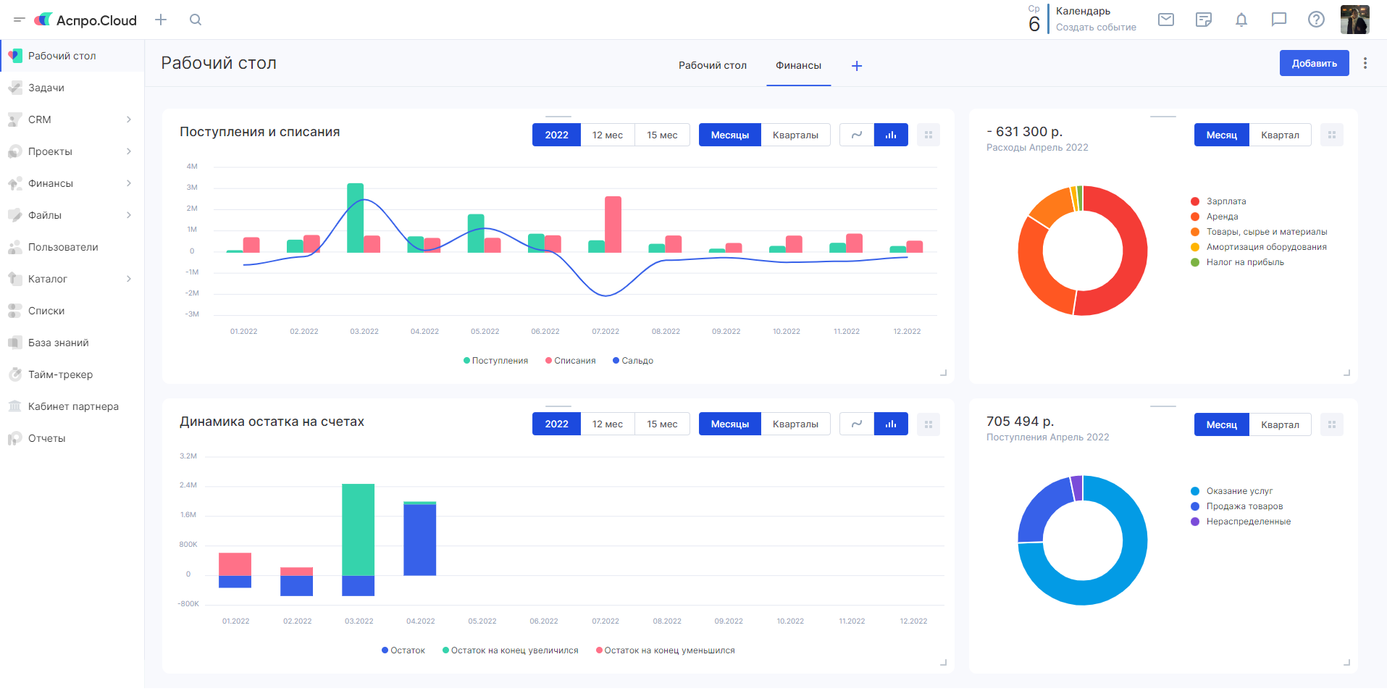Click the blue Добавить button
point(1314,63)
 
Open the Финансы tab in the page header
point(798,65)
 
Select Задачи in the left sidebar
point(46,88)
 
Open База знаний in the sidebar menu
point(59,343)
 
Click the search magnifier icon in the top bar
point(196,20)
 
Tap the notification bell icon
point(1241,20)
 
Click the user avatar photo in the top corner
point(1354,20)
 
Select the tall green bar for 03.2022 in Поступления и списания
point(355,218)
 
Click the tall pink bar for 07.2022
point(613,225)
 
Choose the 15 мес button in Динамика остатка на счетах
point(662,424)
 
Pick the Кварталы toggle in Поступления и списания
point(795,135)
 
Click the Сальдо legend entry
point(633,361)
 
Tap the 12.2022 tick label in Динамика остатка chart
point(913,621)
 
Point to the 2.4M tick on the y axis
point(188,485)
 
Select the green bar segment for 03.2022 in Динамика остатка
point(358,529)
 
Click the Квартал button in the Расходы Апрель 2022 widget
point(1280,135)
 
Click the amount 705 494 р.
point(1020,422)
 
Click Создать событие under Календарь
point(1096,28)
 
